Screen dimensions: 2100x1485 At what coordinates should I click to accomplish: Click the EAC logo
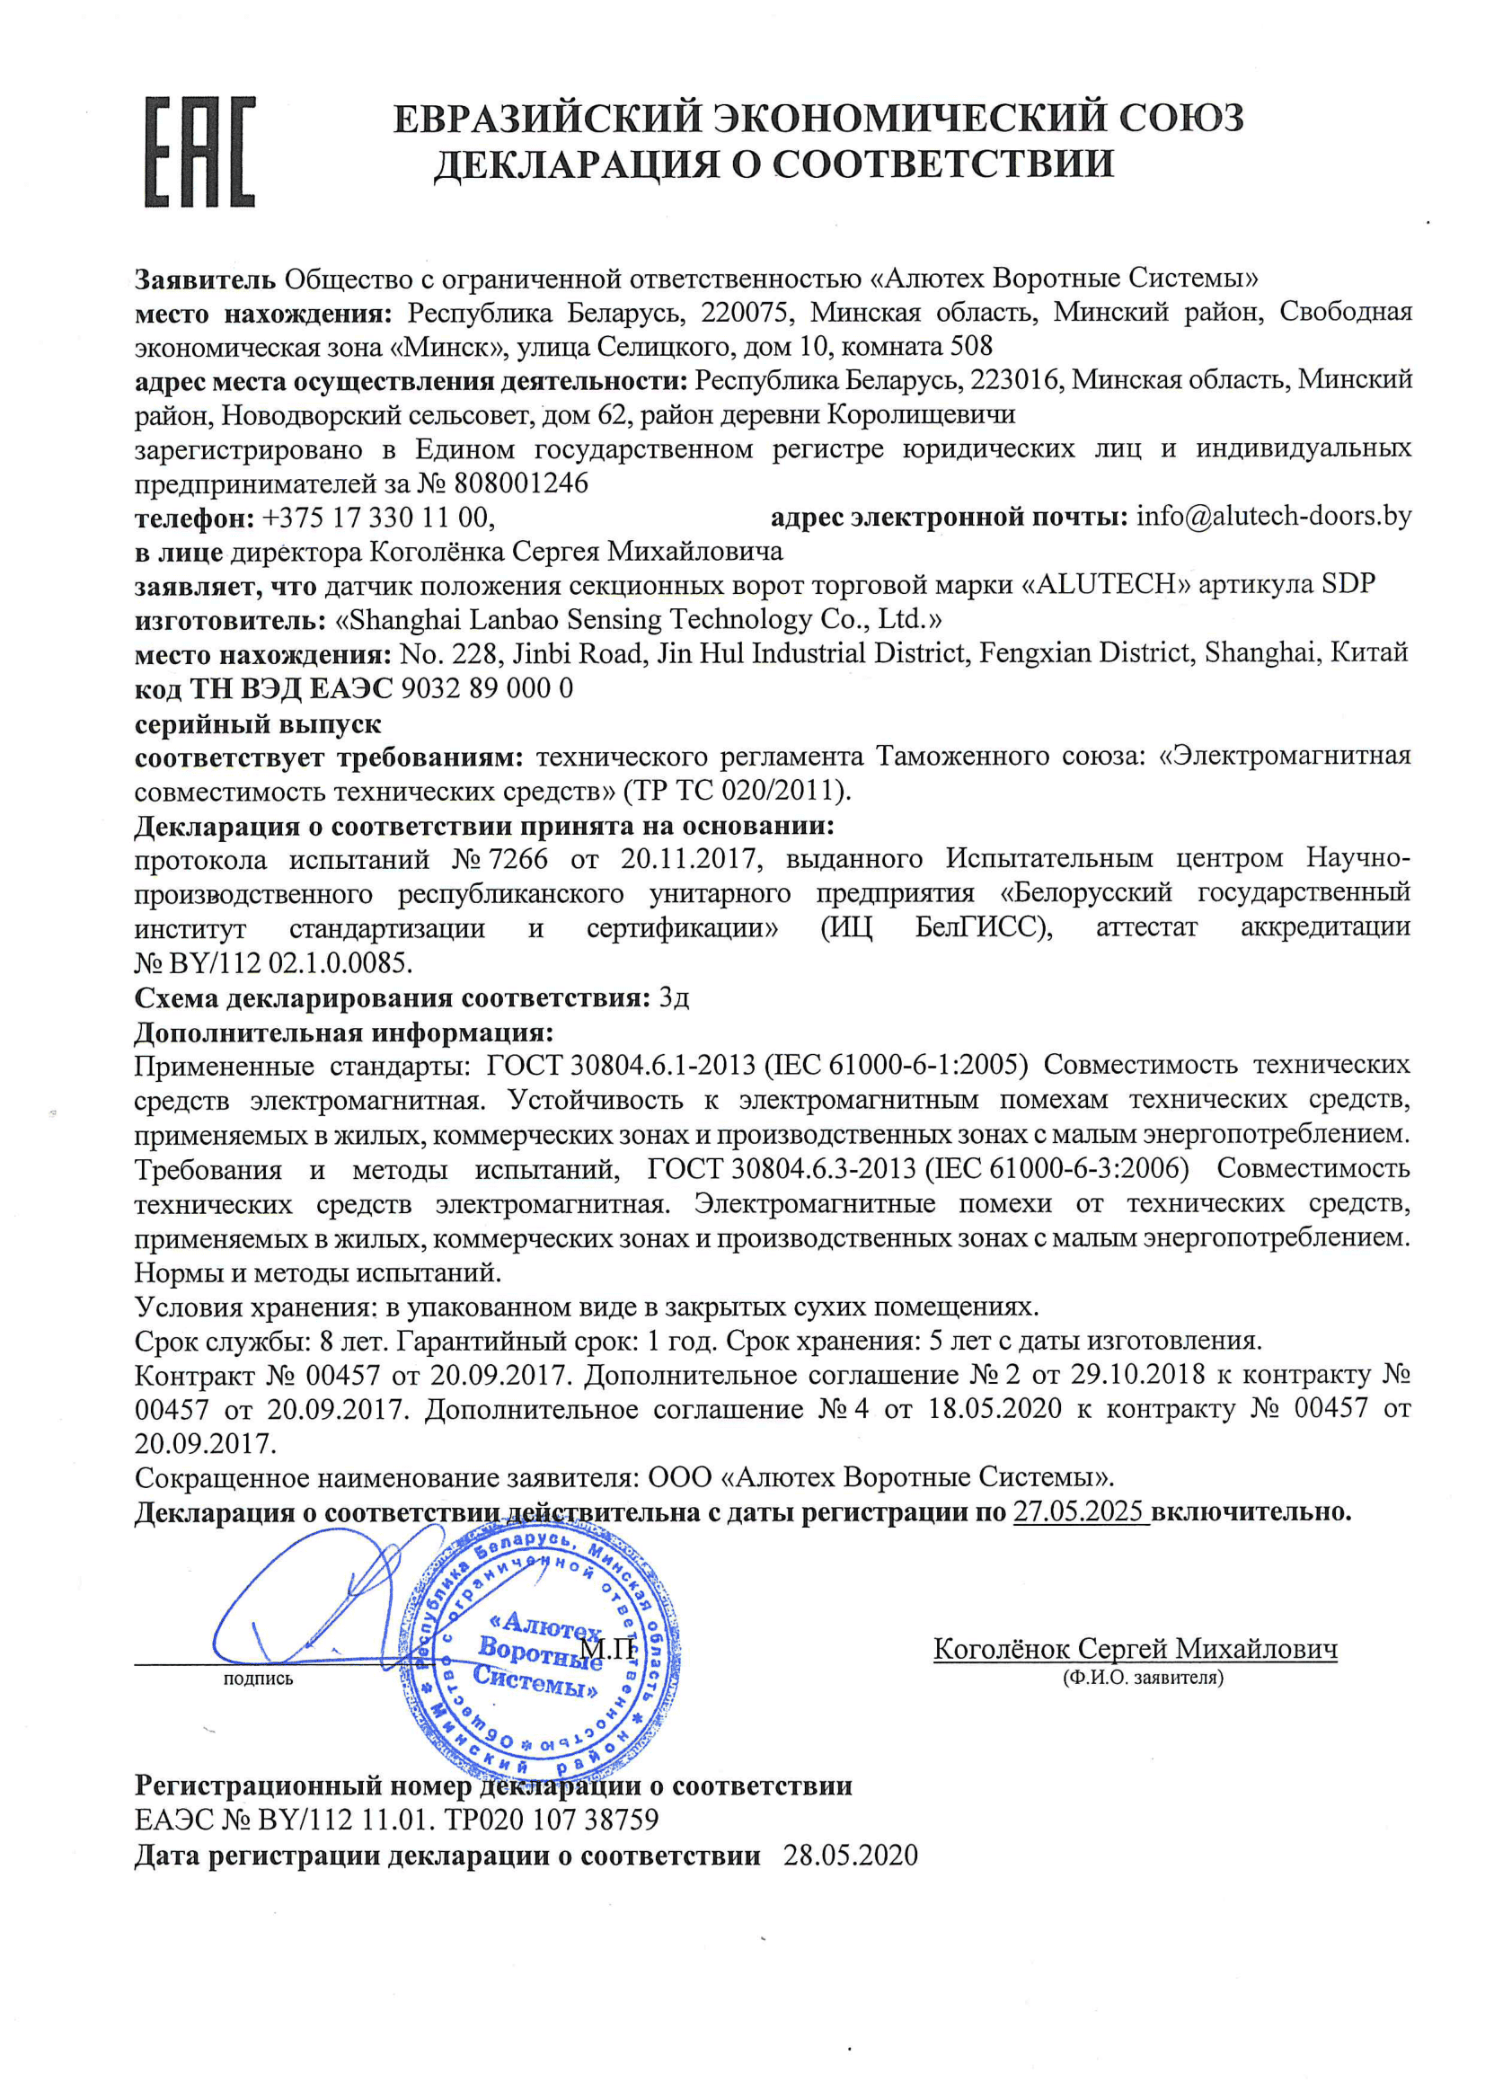click(x=200, y=151)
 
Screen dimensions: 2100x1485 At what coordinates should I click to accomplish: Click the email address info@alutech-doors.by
click(x=1273, y=517)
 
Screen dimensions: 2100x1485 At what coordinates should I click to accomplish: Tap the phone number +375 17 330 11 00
click(x=376, y=518)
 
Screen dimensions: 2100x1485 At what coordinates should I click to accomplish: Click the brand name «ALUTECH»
click(x=1106, y=584)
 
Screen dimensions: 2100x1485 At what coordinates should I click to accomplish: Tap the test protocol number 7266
click(x=517, y=859)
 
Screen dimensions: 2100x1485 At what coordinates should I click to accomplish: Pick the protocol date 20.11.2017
click(x=688, y=859)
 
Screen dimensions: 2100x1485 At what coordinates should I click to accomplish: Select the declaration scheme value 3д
click(x=674, y=997)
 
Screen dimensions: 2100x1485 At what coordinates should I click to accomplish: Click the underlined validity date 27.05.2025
click(x=1079, y=1512)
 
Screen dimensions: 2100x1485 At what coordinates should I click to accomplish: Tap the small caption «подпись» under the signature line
click(x=258, y=1679)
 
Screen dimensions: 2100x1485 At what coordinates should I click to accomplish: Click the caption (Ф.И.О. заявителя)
click(x=1143, y=1678)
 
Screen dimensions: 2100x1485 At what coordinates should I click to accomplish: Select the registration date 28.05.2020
click(x=850, y=1855)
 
